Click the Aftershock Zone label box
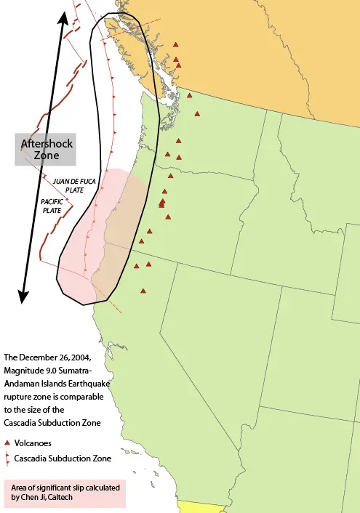47,149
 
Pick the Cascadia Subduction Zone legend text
63,459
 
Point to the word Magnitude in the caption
24,371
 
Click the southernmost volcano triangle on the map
143,291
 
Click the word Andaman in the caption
23,384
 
